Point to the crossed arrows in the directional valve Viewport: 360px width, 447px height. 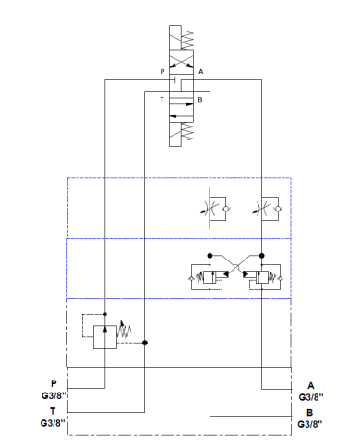click(x=180, y=62)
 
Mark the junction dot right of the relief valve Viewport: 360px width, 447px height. click(x=146, y=342)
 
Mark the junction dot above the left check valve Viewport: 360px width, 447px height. click(x=211, y=255)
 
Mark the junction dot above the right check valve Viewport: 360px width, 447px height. click(x=264, y=255)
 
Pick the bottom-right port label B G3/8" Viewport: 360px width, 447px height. click(x=310, y=418)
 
